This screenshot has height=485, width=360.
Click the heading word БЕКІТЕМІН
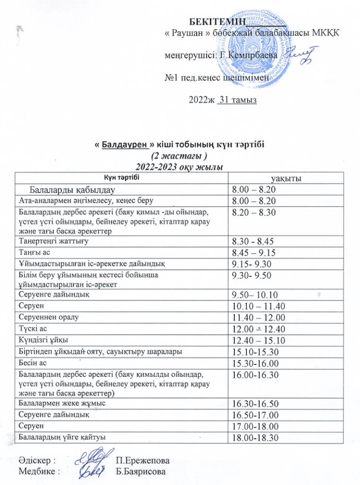(x=217, y=22)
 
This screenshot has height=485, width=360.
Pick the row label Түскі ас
(x=33, y=330)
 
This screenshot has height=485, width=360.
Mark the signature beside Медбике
(x=91, y=469)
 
